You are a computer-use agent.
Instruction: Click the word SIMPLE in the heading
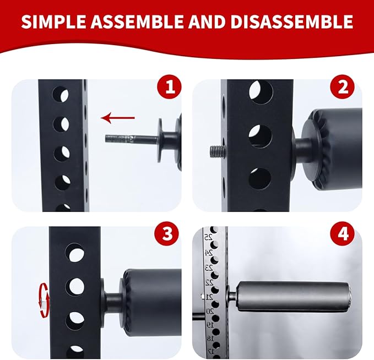point(53,21)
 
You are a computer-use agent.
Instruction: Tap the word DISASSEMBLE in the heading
point(292,21)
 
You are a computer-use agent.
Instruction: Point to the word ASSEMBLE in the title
point(137,21)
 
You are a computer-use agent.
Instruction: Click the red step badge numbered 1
point(170,87)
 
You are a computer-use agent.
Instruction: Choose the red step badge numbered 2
point(342,87)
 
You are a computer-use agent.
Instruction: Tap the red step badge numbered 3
point(167,233)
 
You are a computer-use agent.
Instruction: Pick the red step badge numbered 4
point(342,233)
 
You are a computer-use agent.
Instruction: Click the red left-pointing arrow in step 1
point(118,118)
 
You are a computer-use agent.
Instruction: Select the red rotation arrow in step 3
point(45,300)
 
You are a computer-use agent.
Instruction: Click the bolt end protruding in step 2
point(217,151)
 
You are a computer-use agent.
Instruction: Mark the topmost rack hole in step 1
point(61,94)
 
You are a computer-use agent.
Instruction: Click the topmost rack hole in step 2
point(261,92)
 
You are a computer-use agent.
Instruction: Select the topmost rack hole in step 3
point(75,253)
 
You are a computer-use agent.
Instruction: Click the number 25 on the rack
point(208,237)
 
